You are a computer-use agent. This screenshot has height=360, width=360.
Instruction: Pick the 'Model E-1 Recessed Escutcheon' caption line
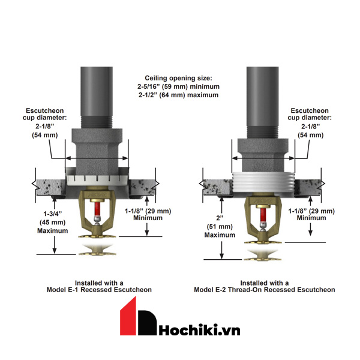[x=99, y=289]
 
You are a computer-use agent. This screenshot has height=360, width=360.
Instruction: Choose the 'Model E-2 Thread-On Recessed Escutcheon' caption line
[x=265, y=289]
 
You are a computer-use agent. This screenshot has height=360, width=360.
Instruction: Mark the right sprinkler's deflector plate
[x=262, y=253]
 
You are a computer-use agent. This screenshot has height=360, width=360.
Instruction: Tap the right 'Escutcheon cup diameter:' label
[x=311, y=115]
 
